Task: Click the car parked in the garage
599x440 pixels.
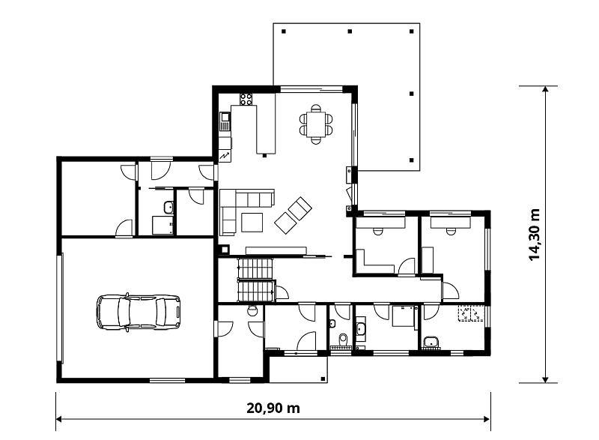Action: (139, 312)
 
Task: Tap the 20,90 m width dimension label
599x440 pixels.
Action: (273, 409)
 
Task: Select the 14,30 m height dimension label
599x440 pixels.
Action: (534, 235)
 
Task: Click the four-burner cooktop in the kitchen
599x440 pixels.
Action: (246, 100)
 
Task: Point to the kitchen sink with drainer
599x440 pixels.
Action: (225, 121)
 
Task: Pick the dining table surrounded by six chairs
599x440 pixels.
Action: (316, 124)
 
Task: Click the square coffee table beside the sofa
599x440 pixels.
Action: (252, 222)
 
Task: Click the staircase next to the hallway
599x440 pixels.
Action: (256, 280)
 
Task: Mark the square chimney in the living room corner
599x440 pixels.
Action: (224, 250)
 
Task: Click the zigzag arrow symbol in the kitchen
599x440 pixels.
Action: (225, 156)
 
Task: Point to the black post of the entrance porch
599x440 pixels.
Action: (323, 379)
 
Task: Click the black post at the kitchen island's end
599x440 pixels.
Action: (264, 156)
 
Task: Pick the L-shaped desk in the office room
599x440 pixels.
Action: (374, 262)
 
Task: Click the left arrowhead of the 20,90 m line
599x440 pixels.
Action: (58, 419)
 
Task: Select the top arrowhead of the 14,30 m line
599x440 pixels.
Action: (545, 88)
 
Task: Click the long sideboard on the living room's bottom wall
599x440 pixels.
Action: (276, 250)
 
